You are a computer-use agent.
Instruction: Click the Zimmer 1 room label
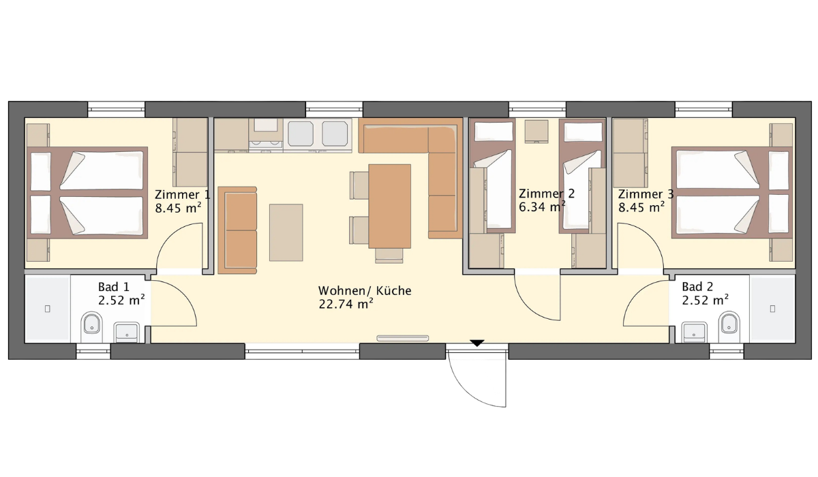pos(182,194)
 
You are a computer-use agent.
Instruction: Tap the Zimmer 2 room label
pos(546,194)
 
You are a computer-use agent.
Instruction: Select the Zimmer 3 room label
pos(646,194)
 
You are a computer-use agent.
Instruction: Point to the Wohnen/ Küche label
pos(365,290)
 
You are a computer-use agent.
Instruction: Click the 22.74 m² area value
pos(346,304)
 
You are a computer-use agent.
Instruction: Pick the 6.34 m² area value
pos(543,207)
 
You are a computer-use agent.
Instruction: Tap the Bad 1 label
pos(114,287)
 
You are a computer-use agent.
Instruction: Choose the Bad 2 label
pos(697,287)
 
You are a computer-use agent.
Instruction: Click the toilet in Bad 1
pos(92,326)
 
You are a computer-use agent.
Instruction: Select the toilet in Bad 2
pos(729,326)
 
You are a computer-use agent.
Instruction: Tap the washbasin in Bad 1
pos(126,332)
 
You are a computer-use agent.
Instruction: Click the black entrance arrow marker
pos(477,343)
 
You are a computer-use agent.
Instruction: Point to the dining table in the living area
pos(390,206)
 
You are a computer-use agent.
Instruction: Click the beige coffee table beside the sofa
pos(286,232)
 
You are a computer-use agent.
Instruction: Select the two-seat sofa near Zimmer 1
pos(237,230)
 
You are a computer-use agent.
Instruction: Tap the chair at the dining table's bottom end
pos(389,256)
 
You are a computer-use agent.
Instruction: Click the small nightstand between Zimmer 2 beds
pos(536,131)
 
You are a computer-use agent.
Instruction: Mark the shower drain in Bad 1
pos(48,309)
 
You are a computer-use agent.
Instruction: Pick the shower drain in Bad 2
pos(773,309)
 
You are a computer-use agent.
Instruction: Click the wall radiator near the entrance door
pos(403,338)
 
